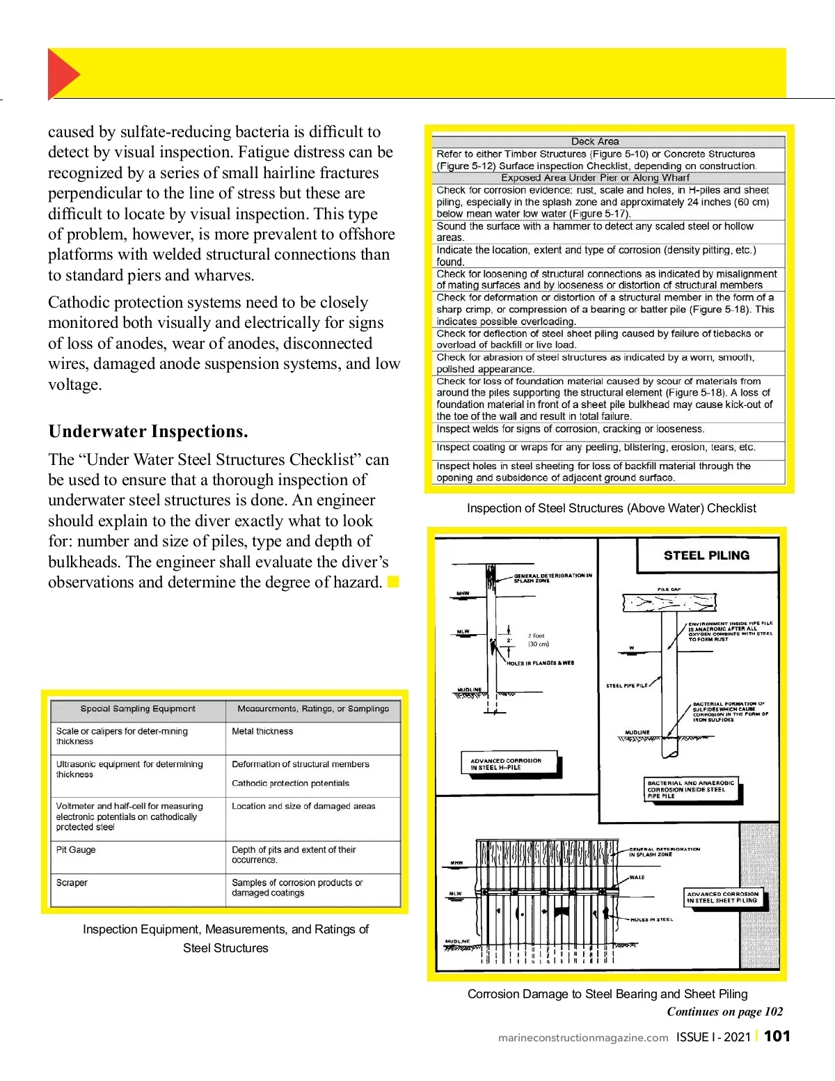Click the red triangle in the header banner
pos(62,74)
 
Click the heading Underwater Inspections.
pos(148,432)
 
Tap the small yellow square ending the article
pos(393,582)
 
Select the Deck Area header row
pos(595,141)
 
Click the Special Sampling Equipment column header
pos(138,709)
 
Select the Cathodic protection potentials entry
pos(290,783)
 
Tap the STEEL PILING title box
pos(706,555)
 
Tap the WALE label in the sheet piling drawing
pos(637,877)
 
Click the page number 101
pos(777,1036)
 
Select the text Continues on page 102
pos(724,1012)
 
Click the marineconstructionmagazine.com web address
pos(583,1037)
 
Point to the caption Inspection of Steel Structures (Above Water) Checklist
pos(611,508)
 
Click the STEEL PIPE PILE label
pos(626,686)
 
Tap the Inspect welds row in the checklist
pos(570,429)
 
